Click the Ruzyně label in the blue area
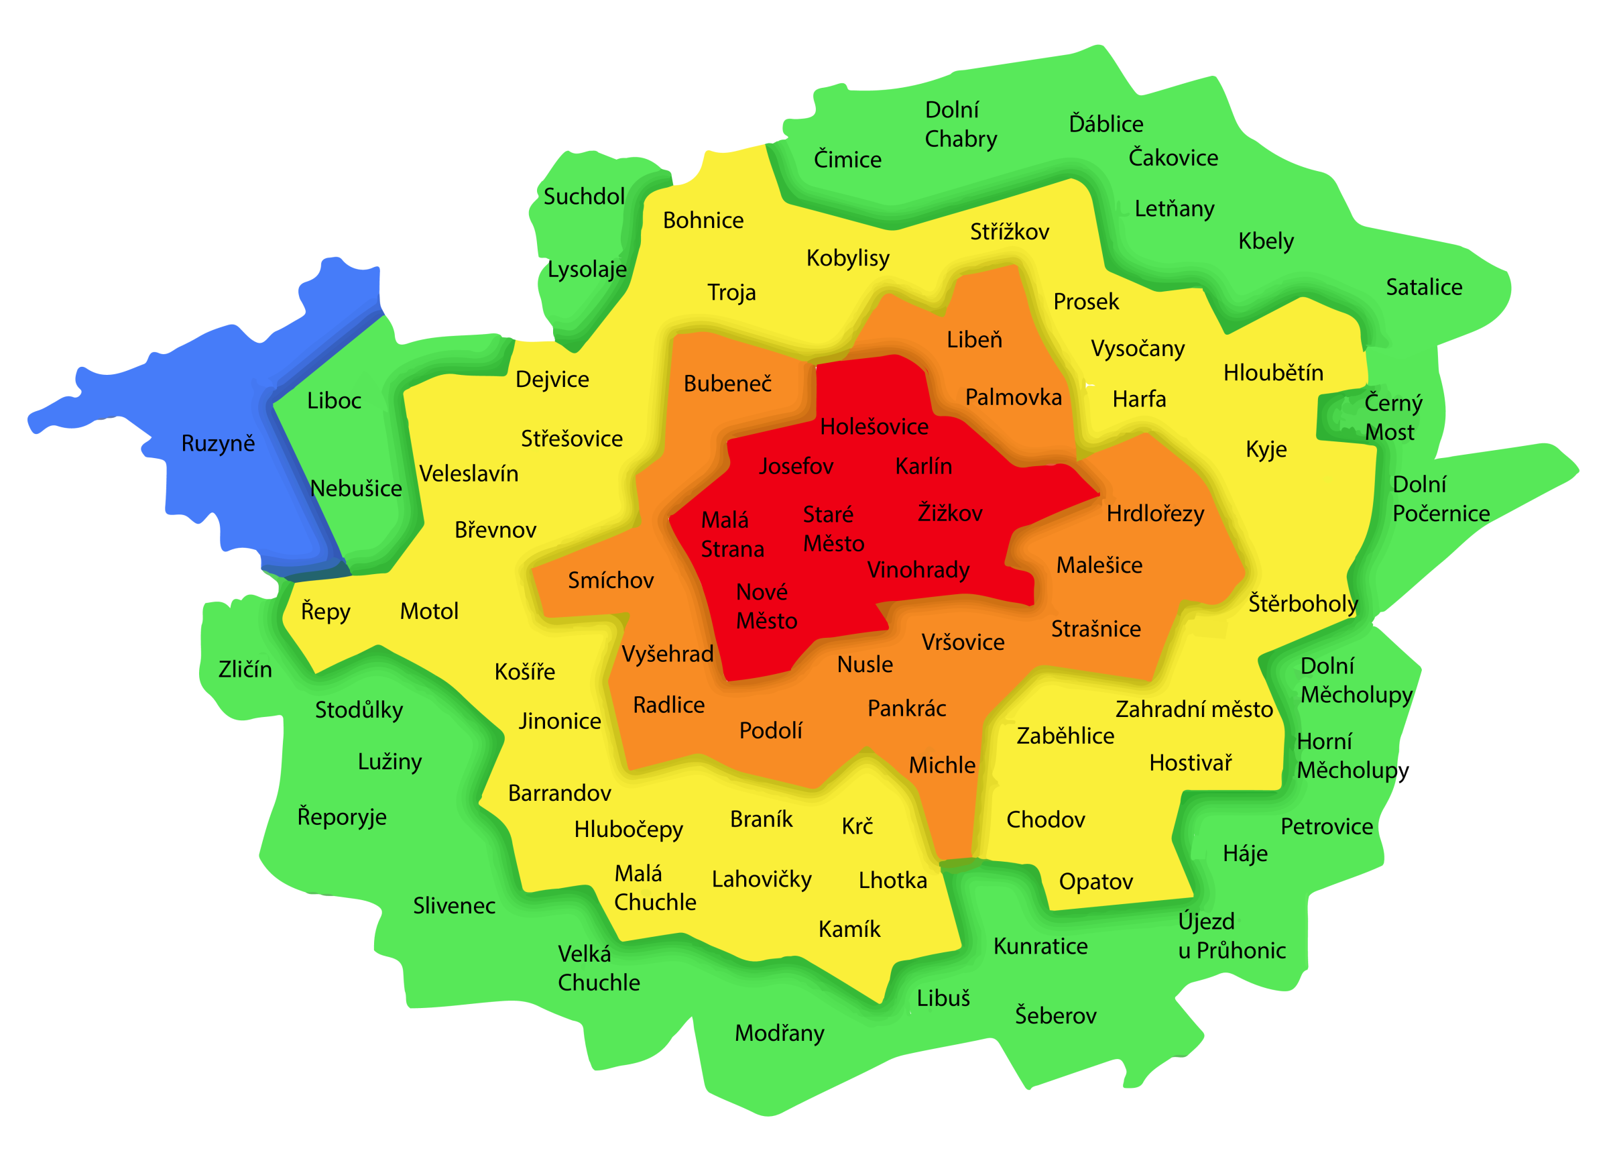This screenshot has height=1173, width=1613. coord(218,444)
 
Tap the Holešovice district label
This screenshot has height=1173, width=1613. coord(874,427)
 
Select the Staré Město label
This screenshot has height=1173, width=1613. coord(833,529)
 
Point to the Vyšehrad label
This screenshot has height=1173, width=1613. coord(667,654)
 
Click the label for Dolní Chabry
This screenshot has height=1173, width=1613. coord(960,125)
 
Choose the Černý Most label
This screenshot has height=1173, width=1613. coord(1392,418)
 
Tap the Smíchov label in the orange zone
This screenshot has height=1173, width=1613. coord(610,580)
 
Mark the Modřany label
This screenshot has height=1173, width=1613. coord(780,1033)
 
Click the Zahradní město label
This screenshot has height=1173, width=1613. coord(1193,709)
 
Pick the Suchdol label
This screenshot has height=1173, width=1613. coord(584,197)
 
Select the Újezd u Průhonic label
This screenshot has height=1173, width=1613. coord(1231,936)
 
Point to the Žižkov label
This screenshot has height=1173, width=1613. coord(950,513)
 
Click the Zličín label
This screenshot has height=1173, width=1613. coord(245,669)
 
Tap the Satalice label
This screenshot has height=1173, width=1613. coord(1424,287)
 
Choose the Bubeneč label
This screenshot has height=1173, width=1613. coord(727,384)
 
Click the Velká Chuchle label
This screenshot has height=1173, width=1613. coord(598,968)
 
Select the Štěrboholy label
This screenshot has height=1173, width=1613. coord(1303,604)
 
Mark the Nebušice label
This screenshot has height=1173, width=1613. coord(355,489)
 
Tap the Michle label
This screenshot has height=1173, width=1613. coord(942,765)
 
